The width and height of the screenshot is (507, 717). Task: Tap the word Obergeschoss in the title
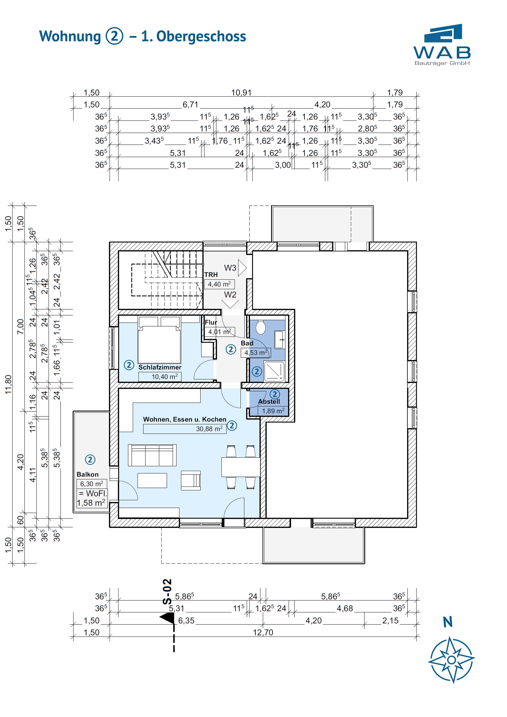201,37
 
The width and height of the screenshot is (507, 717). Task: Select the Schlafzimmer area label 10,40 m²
164,377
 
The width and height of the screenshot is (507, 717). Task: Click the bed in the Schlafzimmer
159,344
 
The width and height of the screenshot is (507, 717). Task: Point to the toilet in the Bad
260,328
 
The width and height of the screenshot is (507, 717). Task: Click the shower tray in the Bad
274,371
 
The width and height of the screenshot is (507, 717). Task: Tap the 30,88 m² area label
209,429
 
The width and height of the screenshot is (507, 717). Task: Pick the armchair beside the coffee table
191,480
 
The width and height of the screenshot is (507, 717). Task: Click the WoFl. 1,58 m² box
92,498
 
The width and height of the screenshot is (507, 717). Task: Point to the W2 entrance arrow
230,304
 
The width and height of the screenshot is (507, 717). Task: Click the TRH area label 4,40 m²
219,284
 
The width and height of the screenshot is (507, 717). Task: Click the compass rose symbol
451,660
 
